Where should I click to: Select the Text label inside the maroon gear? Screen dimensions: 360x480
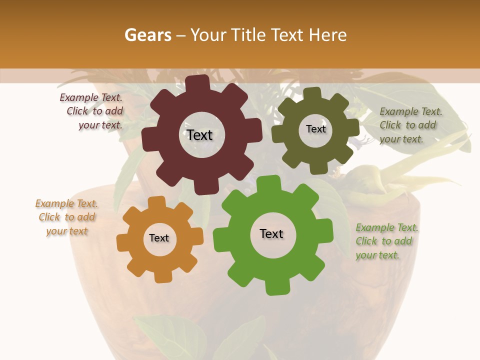coord(199,135)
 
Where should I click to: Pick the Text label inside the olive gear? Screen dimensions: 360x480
coord(315,129)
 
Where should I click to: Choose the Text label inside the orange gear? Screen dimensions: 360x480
coord(159,238)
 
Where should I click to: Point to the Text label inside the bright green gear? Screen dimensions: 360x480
coord(271,233)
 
